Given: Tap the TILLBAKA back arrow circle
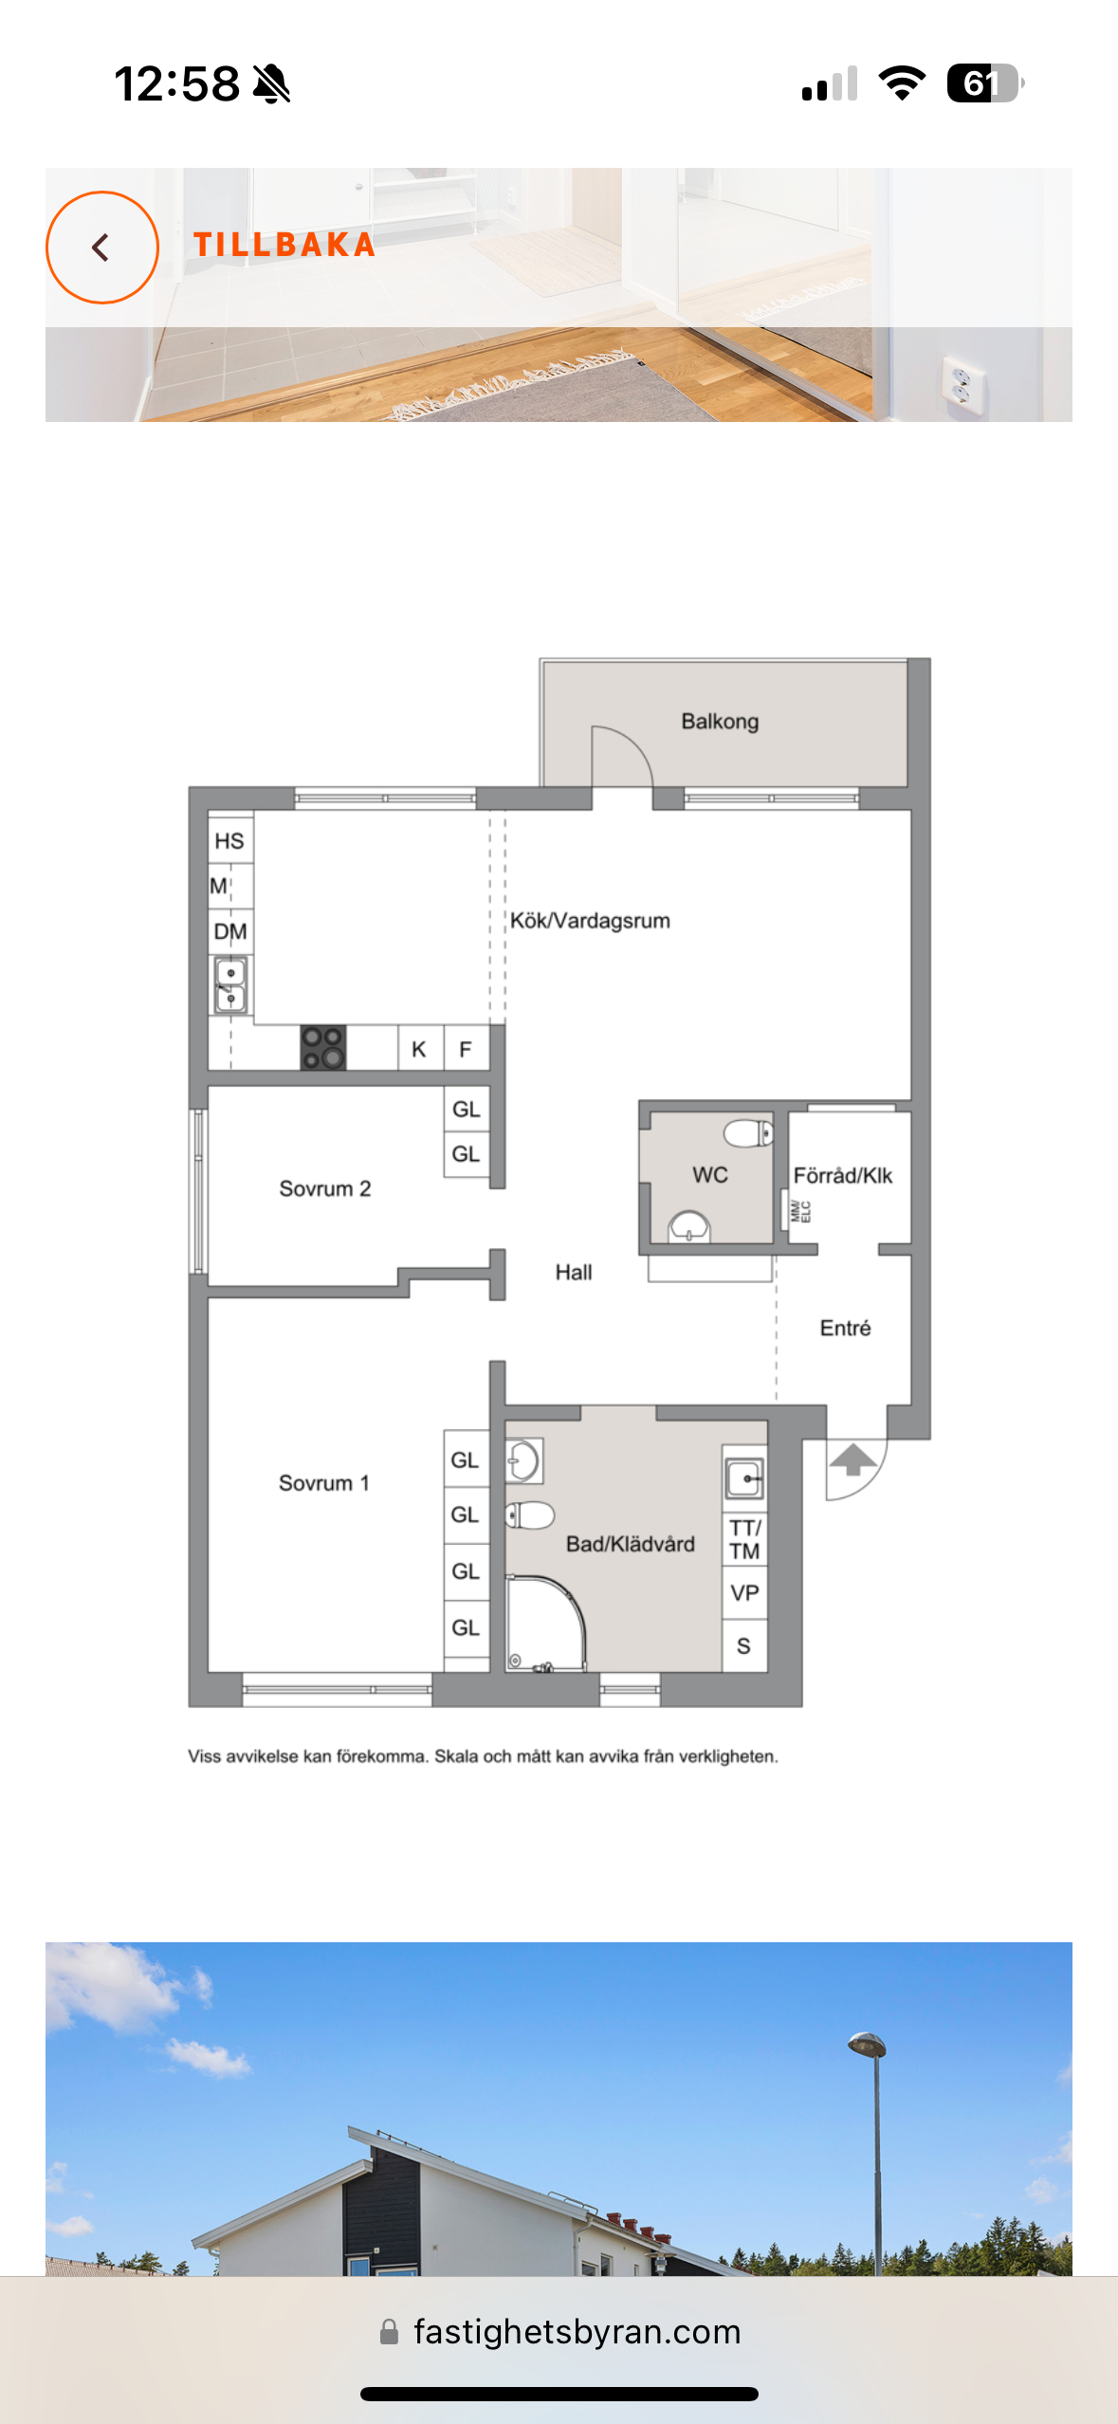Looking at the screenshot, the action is pyautogui.click(x=102, y=248).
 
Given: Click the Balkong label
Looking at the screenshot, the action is pyautogui.click(x=720, y=721).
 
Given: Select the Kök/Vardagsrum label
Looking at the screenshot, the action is pyautogui.click(x=590, y=920).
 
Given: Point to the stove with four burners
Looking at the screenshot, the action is pyautogui.click(x=322, y=1048).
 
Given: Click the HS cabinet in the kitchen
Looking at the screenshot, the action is pyautogui.click(x=230, y=840).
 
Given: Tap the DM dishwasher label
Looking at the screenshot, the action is pyautogui.click(x=230, y=931).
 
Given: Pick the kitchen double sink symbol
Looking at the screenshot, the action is pyautogui.click(x=230, y=985).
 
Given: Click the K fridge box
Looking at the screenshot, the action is pyautogui.click(x=419, y=1049).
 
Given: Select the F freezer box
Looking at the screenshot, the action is pyautogui.click(x=466, y=1049).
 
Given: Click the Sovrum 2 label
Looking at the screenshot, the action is pyautogui.click(x=324, y=1188).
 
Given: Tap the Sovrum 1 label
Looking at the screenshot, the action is pyautogui.click(x=323, y=1482).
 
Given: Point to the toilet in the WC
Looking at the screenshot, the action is pyautogui.click(x=748, y=1132).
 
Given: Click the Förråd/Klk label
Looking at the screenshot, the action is pyautogui.click(x=843, y=1175).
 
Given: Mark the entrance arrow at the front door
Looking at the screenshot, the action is pyautogui.click(x=853, y=1460).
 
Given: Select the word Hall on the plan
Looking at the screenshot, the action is pyautogui.click(x=574, y=1272).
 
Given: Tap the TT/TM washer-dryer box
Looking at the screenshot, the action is pyautogui.click(x=745, y=1539).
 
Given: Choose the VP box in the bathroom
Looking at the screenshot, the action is pyautogui.click(x=745, y=1592).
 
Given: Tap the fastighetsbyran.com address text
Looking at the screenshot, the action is pyautogui.click(x=577, y=2331).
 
